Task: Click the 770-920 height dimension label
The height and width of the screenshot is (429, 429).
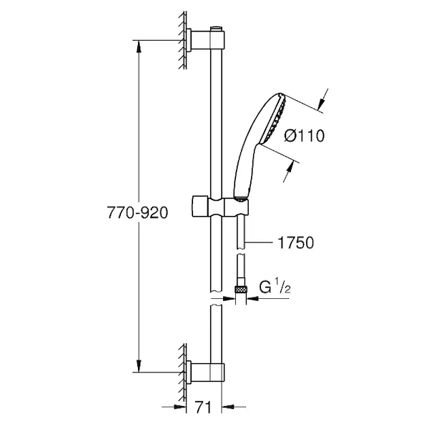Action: pyautogui.click(x=137, y=212)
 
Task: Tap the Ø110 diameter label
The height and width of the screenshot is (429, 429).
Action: pyautogui.click(x=305, y=136)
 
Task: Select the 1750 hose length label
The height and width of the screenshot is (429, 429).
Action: pyautogui.click(x=295, y=242)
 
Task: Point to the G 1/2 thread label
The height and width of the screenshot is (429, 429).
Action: pyautogui.click(x=275, y=287)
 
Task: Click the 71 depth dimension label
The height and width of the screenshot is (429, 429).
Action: pyautogui.click(x=203, y=408)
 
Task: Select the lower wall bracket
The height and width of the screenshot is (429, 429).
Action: pyautogui.click(x=206, y=372)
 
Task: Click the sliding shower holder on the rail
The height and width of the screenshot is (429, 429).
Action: pyautogui.click(x=220, y=207)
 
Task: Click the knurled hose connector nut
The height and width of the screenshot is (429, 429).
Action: pyautogui.click(x=241, y=289)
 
